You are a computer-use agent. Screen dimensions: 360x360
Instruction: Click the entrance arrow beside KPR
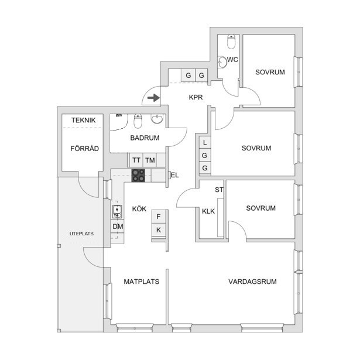[153, 98]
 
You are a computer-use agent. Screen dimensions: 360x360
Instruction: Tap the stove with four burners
[138, 176]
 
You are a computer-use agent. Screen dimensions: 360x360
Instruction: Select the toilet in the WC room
[231, 42]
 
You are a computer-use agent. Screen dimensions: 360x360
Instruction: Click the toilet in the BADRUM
[138, 121]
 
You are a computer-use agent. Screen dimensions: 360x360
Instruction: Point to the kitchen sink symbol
[117, 212]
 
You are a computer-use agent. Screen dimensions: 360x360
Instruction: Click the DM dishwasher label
[118, 227]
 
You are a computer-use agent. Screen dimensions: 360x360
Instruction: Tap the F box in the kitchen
[159, 217]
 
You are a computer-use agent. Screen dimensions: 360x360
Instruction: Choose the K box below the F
[159, 230]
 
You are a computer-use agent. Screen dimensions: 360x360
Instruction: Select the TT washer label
[136, 160]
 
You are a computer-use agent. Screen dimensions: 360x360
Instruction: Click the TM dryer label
[150, 160]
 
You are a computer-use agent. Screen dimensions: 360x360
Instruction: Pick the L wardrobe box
[205, 143]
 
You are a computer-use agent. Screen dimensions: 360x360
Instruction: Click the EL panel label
[174, 176]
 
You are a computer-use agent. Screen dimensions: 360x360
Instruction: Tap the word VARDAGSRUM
[252, 282]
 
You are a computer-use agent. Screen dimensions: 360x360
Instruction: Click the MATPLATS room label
[142, 282]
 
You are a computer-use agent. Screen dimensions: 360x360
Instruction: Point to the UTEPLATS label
[81, 234]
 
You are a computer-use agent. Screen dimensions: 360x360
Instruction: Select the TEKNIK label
[83, 120]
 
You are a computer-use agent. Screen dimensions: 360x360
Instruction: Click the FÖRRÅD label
[84, 148]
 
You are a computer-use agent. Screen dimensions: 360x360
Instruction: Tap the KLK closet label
[208, 211]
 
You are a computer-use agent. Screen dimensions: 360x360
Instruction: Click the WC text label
[232, 60]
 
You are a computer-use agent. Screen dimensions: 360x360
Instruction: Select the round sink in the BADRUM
[157, 119]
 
